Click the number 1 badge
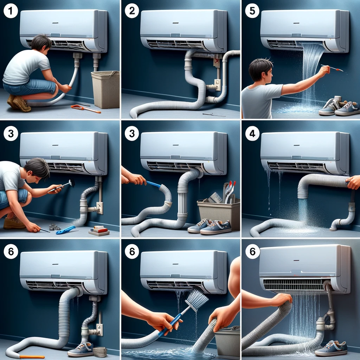click(11, 11)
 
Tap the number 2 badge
click(132, 11)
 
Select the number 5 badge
click(252, 11)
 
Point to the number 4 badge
click(252, 134)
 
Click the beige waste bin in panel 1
click(105, 90)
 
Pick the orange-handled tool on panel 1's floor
click(86, 109)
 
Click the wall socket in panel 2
click(217, 85)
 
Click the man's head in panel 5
click(261, 70)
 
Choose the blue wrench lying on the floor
click(66, 230)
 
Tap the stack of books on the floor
click(99, 231)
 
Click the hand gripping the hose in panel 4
click(354, 182)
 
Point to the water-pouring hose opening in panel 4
click(303, 197)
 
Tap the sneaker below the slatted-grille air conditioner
click(331, 348)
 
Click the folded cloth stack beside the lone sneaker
click(100, 352)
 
